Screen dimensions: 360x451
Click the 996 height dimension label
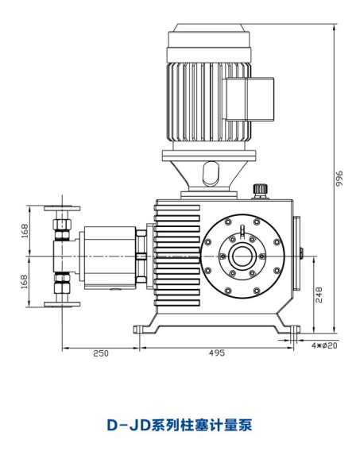tap(339, 179)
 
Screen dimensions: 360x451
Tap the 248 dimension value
tap(319, 295)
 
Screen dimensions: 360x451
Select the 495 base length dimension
tap(217, 353)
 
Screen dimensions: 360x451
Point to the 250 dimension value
tap(101, 353)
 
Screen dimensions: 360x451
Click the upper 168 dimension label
tap(25, 231)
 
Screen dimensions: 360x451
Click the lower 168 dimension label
tap(25, 281)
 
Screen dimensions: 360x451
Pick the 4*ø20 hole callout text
tap(324, 345)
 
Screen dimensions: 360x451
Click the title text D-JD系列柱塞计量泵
tap(180, 425)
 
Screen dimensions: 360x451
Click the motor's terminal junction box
tap(250, 99)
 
